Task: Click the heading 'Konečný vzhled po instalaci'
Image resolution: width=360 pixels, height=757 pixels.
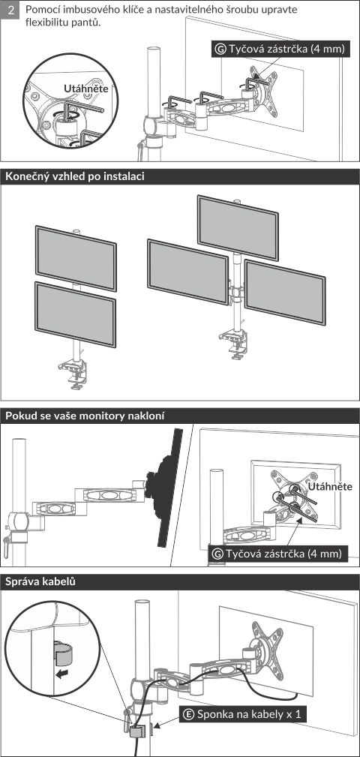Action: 75,177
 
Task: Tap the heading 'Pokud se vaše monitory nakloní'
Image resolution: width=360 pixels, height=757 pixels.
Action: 85,416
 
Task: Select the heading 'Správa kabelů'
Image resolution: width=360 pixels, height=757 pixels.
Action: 40,581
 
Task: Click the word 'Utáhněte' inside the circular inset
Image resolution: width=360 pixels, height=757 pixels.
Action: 86,89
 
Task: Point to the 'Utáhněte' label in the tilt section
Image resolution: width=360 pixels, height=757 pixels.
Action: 330,486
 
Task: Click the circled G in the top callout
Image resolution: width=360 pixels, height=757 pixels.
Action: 220,50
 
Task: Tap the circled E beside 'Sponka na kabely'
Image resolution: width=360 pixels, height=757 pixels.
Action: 189,714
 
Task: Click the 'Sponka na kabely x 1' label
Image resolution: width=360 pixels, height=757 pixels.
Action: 248,714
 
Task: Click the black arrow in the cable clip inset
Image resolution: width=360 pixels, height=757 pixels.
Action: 61,673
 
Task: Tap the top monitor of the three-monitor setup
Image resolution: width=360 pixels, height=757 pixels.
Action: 238,228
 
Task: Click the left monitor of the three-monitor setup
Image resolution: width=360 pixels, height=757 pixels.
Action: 187,272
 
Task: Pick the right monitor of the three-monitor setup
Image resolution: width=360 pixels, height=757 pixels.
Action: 285,293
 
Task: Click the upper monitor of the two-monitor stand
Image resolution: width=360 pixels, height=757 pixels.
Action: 76,258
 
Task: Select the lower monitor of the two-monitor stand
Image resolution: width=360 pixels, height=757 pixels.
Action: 75,315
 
